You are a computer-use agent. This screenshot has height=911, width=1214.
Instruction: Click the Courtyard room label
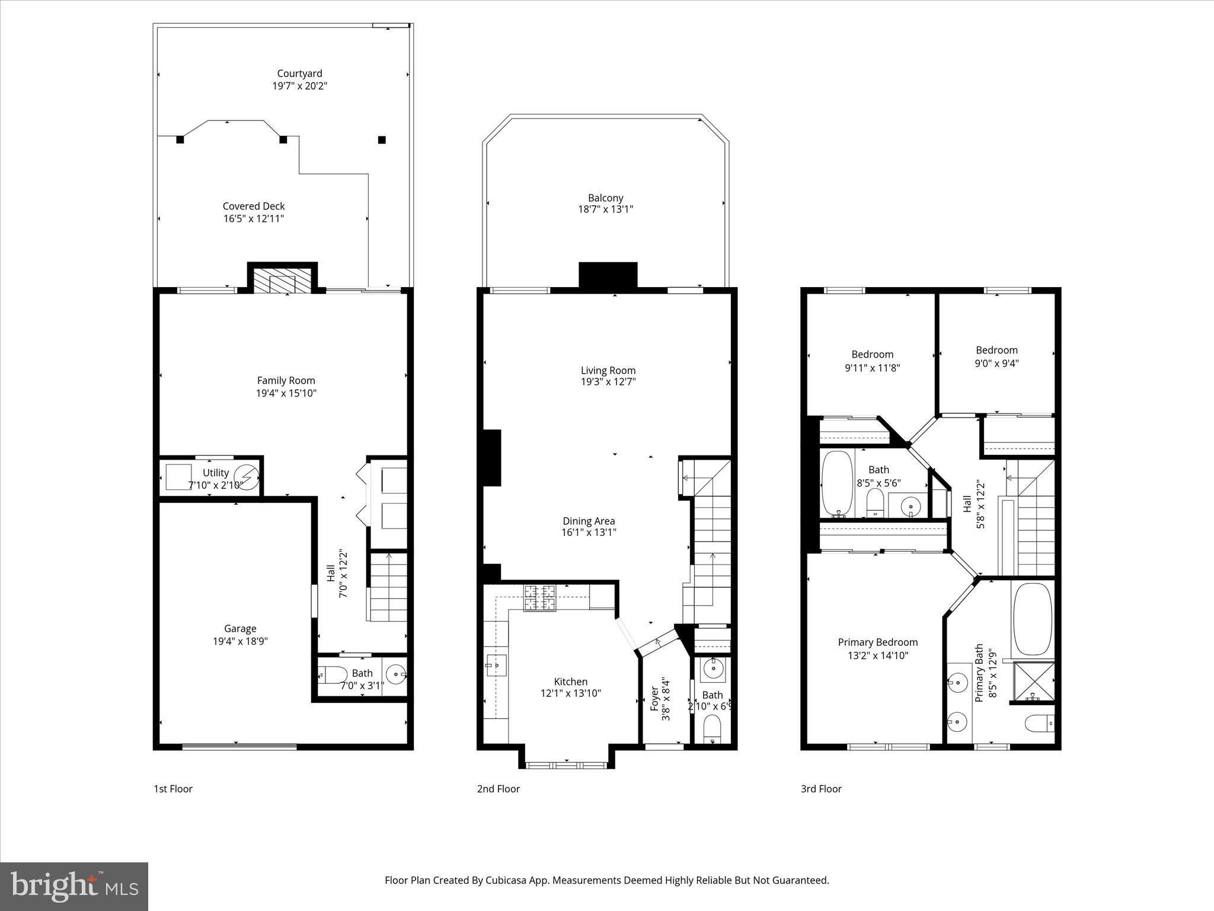tap(299, 74)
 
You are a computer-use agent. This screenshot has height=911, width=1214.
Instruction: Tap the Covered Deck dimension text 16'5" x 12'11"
tap(254, 219)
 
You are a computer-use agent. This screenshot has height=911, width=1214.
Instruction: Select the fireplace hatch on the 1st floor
tap(282, 283)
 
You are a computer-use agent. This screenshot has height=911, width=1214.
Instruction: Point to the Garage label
tap(240, 629)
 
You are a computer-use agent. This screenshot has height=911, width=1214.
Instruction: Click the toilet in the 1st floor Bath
tap(333, 675)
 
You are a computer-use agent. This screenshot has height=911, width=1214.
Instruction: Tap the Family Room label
tap(286, 381)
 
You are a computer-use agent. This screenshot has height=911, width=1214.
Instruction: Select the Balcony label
tap(605, 198)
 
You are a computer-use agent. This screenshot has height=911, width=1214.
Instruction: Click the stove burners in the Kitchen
tap(539, 597)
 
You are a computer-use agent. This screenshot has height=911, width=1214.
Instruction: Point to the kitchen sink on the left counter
tap(496, 665)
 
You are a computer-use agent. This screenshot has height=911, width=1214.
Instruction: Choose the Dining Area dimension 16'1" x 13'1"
tap(589, 533)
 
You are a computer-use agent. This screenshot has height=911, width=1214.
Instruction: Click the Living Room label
tap(608, 371)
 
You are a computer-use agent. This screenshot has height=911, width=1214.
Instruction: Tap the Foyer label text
tap(654, 699)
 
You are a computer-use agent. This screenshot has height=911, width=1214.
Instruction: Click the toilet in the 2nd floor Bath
tap(711, 728)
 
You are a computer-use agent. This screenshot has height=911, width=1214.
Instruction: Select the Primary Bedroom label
tap(877, 642)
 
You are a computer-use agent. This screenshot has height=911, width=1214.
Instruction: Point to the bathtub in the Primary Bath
tap(1033, 620)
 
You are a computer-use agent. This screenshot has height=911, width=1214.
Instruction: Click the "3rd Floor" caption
tap(821, 789)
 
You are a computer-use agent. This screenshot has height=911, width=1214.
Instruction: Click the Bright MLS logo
tap(74, 886)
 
